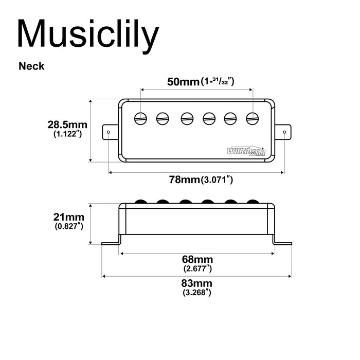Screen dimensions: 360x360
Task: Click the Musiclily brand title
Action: click(88, 35)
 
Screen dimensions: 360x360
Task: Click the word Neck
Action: click(31, 66)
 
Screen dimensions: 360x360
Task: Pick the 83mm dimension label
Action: click(197, 283)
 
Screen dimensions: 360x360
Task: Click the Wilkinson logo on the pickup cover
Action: click(246, 151)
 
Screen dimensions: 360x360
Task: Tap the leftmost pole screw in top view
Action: click(140, 118)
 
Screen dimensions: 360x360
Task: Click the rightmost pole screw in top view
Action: click(251, 118)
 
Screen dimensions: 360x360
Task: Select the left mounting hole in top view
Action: click(109, 132)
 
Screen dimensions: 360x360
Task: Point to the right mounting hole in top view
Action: click(284, 132)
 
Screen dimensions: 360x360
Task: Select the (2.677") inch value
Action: click(197, 268)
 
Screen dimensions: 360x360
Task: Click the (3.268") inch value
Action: click(197, 293)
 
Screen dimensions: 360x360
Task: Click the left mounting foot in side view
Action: click(111, 243)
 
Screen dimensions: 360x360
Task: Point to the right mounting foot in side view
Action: click(282, 243)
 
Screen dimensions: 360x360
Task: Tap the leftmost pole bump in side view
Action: click(140, 201)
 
